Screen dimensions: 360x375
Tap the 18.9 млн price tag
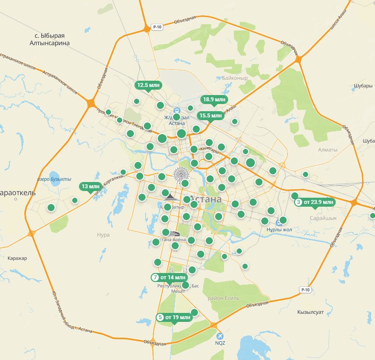pos(215,100)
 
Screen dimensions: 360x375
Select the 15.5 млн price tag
pos(211,116)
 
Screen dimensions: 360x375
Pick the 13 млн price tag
pos(91,187)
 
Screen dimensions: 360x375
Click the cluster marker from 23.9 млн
pos(315,202)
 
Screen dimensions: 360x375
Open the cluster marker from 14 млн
pos(168,278)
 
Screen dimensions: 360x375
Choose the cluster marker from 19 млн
pos(174,317)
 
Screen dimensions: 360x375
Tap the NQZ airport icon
pos(220,336)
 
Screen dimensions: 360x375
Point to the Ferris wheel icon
pos(181,174)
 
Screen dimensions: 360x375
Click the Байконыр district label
pos(235,78)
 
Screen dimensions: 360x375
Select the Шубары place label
pos(363,86)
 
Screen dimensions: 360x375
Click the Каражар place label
pos(17,258)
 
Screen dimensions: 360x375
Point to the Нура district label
pos(103,234)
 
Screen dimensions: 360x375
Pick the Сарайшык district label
pos(323,218)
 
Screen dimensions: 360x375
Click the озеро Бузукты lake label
pos(54,179)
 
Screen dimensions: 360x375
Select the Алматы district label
pos(327,150)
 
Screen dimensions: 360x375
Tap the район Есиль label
pos(224,298)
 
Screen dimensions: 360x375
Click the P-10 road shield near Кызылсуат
pos(306,290)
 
